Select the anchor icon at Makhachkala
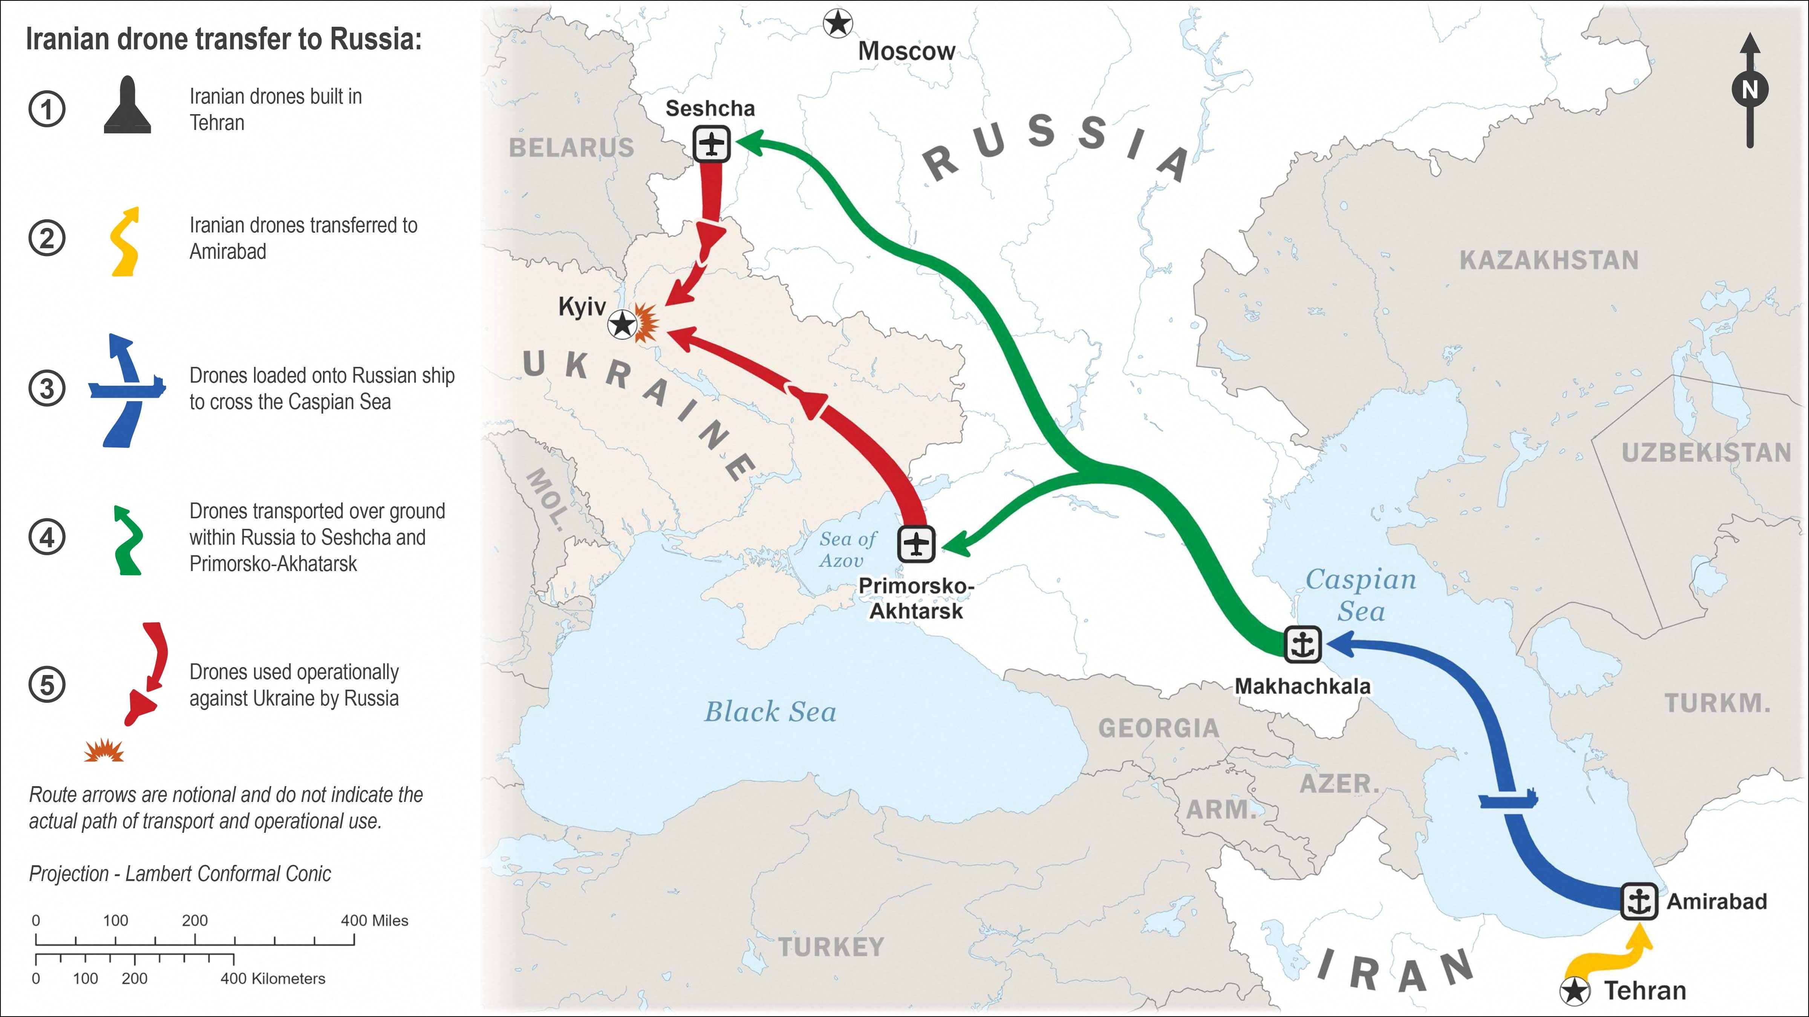[1303, 644]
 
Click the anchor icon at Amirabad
[1639, 901]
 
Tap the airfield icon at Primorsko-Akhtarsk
[917, 544]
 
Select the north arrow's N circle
[1749, 89]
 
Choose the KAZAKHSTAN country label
[1549, 260]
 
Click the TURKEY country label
[831, 947]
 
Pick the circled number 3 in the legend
[47, 388]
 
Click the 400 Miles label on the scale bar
[374, 921]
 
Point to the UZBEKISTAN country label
[1706, 453]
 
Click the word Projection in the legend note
[69, 874]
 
